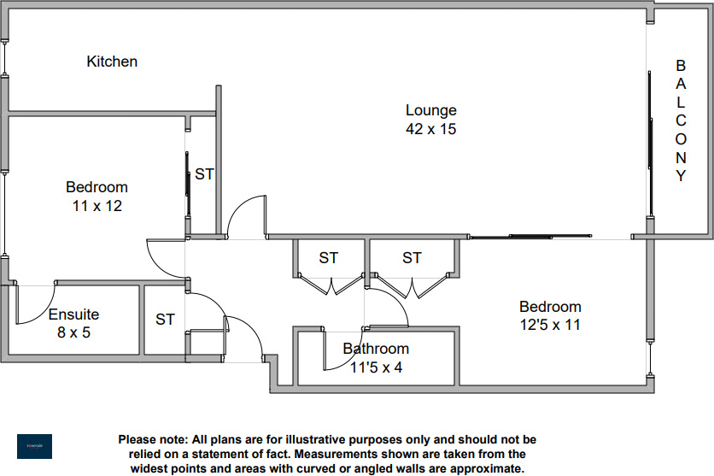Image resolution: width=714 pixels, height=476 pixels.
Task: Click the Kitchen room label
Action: pyautogui.click(x=112, y=62)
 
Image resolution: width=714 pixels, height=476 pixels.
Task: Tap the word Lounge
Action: pyautogui.click(x=430, y=110)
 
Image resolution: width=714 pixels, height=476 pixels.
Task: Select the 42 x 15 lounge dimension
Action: pyautogui.click(x=430, y=129)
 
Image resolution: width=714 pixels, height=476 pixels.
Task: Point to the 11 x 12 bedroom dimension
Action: pyautogui.click(x=97, y=205)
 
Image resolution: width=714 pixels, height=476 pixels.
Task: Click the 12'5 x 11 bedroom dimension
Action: pyautogui.click(x=550, y=325)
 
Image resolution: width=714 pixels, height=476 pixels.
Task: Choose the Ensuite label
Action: pyautogui.click(x=73, y=314)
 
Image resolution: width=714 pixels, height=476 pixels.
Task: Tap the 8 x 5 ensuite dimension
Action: pyautogui.click(x=73, y=332)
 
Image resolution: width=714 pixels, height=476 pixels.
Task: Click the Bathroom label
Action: pyautogui.click(x=376, y=349)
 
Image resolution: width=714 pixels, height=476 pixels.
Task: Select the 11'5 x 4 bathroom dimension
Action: pyautogui.click(x=376, y=367)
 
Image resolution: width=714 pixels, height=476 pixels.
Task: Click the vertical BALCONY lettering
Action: pyautogui.click(x=681, y=120)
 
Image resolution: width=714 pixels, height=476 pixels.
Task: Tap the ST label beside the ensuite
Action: pyautogui.click(x=165, y=320)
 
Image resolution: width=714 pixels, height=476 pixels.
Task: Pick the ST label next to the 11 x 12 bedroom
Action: pyautogui.click(x=204, y=174)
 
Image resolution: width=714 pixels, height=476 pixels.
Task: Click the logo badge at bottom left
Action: pyautogui.click(x=34, y=446)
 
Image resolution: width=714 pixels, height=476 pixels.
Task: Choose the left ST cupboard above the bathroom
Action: pyautogui.click(x=329, y=257)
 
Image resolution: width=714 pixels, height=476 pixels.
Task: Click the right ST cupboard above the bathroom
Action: pyautogui.click(x=412, y=257)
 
